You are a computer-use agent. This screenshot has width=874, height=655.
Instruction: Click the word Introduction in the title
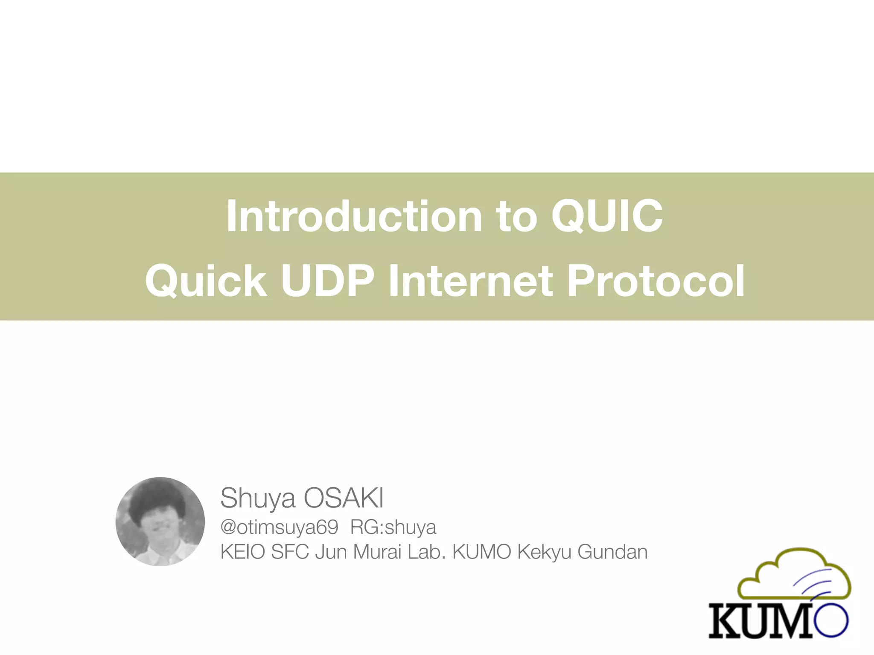354,216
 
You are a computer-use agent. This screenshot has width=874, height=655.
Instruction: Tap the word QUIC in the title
607,216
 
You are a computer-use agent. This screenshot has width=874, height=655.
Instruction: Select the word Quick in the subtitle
206,281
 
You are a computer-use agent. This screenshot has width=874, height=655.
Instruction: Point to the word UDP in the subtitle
327,281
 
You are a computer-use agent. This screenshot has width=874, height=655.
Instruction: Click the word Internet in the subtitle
471,281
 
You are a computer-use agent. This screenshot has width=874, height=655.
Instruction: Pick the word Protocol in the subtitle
656,281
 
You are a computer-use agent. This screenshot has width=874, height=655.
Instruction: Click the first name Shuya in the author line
257,498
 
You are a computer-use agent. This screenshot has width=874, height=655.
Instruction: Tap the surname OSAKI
344,498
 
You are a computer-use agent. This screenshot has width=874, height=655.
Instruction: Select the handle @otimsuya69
279,527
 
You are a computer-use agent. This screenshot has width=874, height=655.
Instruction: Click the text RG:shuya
393,527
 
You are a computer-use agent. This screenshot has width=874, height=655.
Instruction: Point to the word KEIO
242,552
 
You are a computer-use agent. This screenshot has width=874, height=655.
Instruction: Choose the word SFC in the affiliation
290,552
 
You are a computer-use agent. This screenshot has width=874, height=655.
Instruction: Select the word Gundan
612,552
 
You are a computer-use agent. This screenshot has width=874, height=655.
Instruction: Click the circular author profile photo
160,522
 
